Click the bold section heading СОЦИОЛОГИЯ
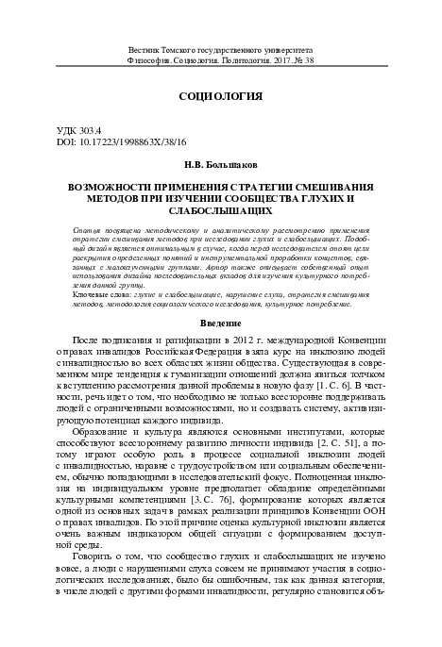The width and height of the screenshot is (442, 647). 220,97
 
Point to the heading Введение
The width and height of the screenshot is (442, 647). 220,299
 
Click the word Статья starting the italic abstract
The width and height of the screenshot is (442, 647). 88,230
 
